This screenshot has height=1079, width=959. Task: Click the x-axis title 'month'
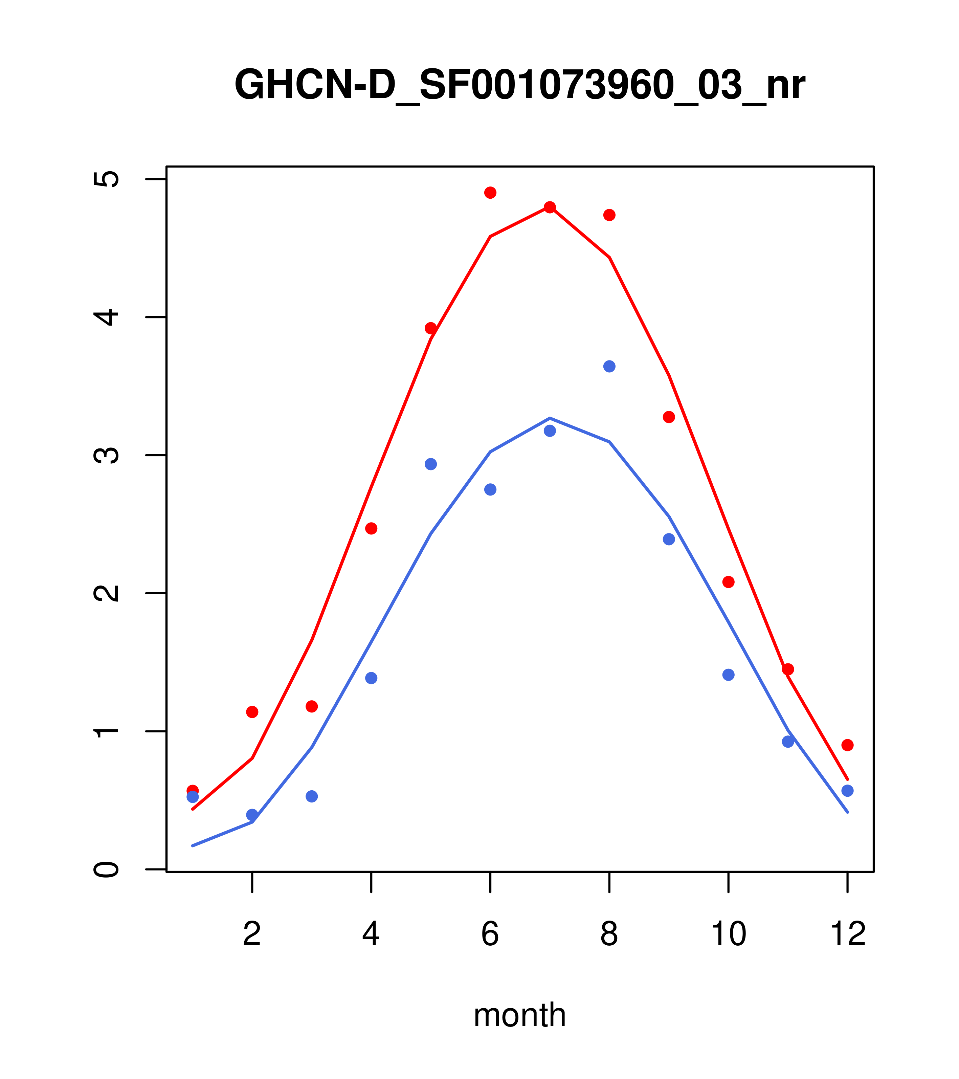pos(519,1015)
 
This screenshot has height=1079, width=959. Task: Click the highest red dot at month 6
pos(490,193)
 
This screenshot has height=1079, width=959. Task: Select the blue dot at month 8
pos(609,366)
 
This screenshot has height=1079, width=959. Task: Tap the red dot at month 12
pos(848,745)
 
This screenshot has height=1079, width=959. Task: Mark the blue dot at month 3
pos(312,796)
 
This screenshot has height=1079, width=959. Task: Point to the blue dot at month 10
pos(728,675)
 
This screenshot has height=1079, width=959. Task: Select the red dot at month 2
pos(252,711)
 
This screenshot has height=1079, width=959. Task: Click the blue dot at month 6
pos(490,489)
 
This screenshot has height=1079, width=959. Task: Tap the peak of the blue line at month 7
pos(550,418)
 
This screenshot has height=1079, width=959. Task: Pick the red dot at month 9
pos(669,417)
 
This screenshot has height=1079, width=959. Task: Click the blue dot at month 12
pos(848,790)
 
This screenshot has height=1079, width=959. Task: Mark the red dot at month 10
pos(728,582)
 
